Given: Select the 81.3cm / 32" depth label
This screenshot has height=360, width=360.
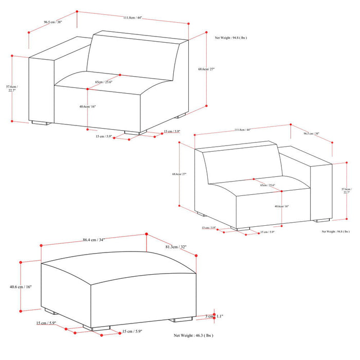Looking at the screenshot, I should (176, 246).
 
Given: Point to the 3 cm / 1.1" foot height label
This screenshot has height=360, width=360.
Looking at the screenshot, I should (213, 316).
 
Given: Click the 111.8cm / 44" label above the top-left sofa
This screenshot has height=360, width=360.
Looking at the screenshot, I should (132, 18).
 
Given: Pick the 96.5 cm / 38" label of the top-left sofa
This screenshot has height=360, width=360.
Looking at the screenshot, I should (53, 22).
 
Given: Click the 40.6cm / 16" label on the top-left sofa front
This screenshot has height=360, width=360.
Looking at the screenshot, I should (87, 106).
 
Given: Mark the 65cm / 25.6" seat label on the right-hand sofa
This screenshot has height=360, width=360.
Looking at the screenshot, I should (267, 185).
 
